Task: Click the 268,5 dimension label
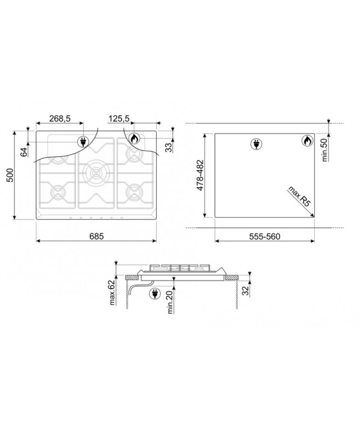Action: (60, 118)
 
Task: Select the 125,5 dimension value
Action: (119, 118)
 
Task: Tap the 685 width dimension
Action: (96, 236)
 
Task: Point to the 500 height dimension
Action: (10, 175)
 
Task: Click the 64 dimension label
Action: (24, 152)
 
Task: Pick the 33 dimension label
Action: (169, 148)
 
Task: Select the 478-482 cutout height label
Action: (200, 175)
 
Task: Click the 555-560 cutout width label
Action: (265, 236)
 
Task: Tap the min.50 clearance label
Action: (325, 150)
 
